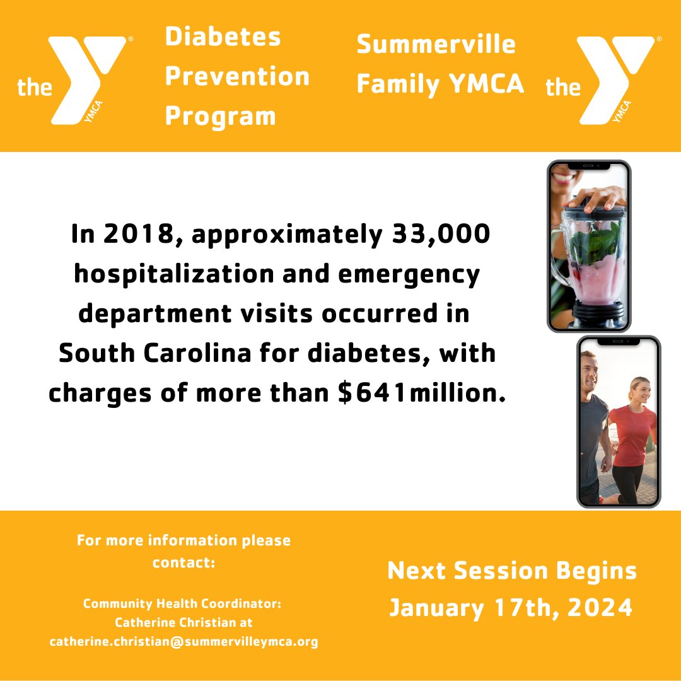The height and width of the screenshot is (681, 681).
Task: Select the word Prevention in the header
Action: tap(237, 76)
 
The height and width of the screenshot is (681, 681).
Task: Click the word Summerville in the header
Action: tap(436, 44)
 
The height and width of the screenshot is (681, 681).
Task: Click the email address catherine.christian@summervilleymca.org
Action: tap(183, 642)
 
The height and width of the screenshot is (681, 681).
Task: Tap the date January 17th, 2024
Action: tap(511, 607)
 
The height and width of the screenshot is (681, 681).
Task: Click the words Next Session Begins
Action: tap(512, 571)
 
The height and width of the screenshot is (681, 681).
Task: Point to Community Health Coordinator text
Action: tap(182, 603)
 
